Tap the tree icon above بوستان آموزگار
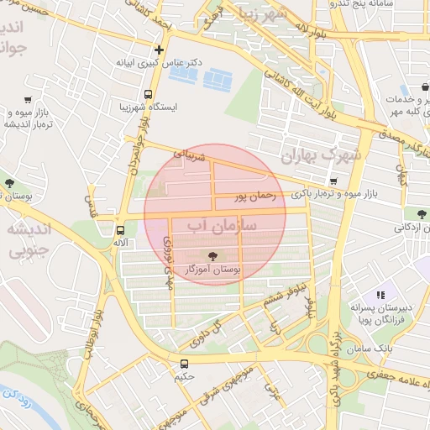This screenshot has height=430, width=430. click(211, 256)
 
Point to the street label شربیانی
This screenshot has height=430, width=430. click(189, 155)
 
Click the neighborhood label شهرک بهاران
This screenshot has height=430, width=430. click(321, 155)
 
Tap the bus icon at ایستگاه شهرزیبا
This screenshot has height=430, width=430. click(148, 94)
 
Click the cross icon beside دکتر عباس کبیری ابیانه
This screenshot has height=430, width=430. click(159, 49)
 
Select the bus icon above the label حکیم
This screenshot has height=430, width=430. click(184, 364)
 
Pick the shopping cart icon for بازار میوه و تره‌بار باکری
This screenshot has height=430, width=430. click(333, 181)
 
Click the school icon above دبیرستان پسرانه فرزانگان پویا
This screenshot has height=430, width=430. click(380, 296)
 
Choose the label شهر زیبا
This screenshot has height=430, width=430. click(286, 14)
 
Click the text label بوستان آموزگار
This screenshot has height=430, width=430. click(213, 270)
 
